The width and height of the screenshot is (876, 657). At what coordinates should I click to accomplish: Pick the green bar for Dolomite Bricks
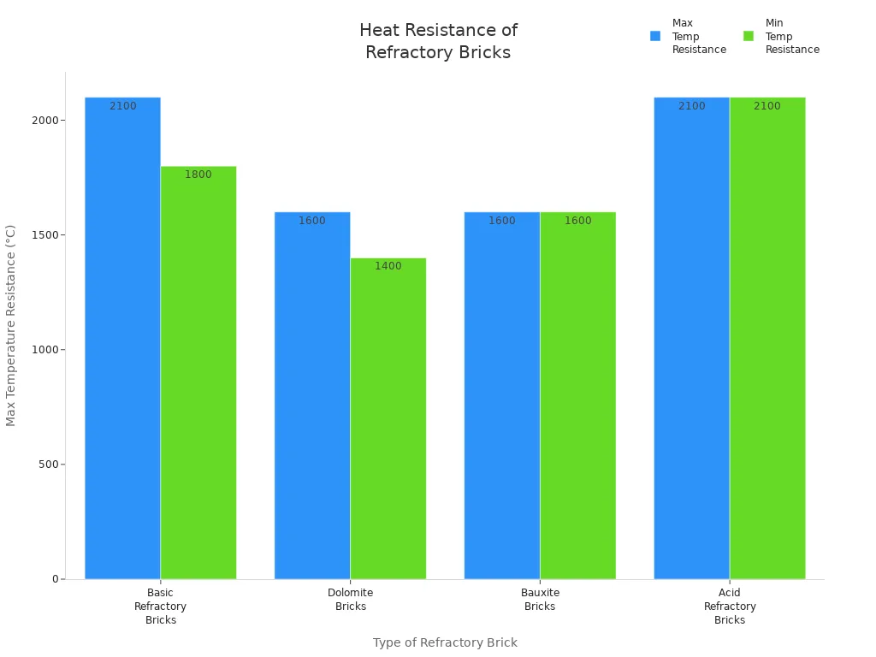click(x=388, y=418)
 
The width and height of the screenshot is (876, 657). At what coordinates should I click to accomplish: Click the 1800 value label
click(x=198, y=175)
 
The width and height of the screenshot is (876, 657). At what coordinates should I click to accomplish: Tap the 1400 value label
click(x=388, y=266)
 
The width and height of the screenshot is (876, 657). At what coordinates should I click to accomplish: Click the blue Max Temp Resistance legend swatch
click(x=655, y=36)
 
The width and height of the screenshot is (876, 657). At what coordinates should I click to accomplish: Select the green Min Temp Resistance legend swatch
click(x=749, y=36)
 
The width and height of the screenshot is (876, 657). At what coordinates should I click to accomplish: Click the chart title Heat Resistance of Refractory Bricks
click(x=438, y=41)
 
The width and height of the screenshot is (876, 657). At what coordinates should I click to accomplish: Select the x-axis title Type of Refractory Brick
click(x=445, y=642)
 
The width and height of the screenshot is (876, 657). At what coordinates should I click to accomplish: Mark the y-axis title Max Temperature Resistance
click(x=11, y=325)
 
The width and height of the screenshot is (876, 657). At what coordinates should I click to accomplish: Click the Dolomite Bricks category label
click(x=351, y=600)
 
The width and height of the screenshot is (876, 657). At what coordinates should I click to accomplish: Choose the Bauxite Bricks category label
click(x=540, y=600)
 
